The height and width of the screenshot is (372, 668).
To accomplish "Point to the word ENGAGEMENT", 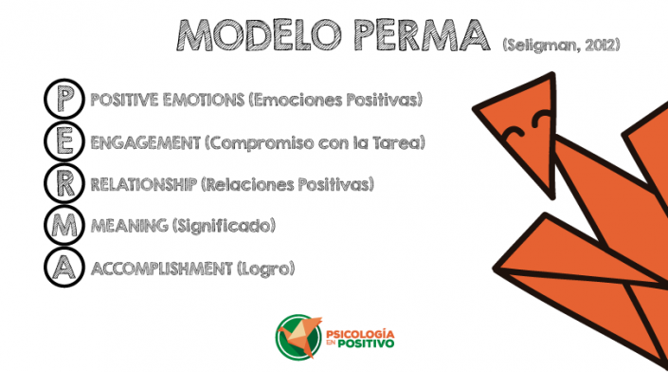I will [x=145, y=142].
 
